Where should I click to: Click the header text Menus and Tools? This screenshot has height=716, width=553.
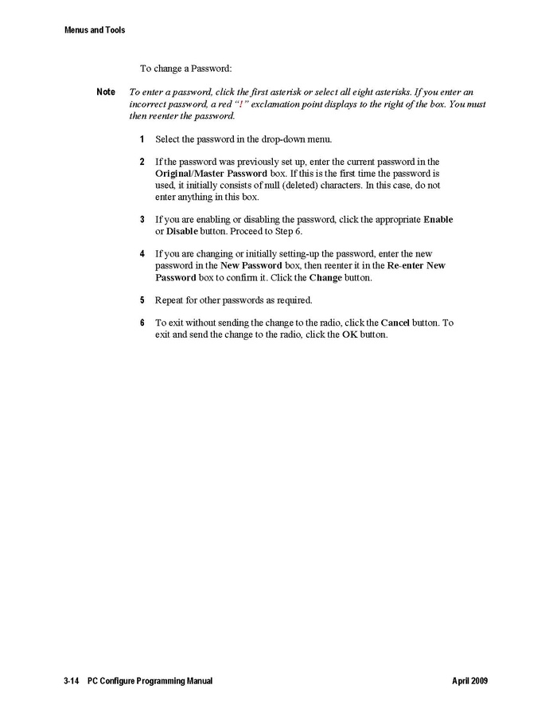(x=95, y=30)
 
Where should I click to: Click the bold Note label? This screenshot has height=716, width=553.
(x=106, y=92)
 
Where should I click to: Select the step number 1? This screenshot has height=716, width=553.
(x=142, y=139)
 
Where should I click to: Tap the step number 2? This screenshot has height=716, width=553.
(x=142, y=162)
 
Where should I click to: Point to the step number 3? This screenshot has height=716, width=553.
(x=142, y=219)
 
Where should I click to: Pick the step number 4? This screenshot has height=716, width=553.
(x=142, y=254)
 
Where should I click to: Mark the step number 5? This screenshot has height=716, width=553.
(x=142, y=300)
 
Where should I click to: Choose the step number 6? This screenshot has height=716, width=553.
(x=142, y=323)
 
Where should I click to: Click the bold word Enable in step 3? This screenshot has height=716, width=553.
(x=438, y=219)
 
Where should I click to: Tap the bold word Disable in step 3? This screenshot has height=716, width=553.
(x=181, y=231)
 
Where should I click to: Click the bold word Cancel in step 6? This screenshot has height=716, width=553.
(x=395, y=323)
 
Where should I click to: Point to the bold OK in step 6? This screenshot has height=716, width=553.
(x=350, y=335)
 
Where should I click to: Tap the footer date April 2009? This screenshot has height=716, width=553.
(x=469, y=682)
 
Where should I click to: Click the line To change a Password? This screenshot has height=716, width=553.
(x=186, y=68)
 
